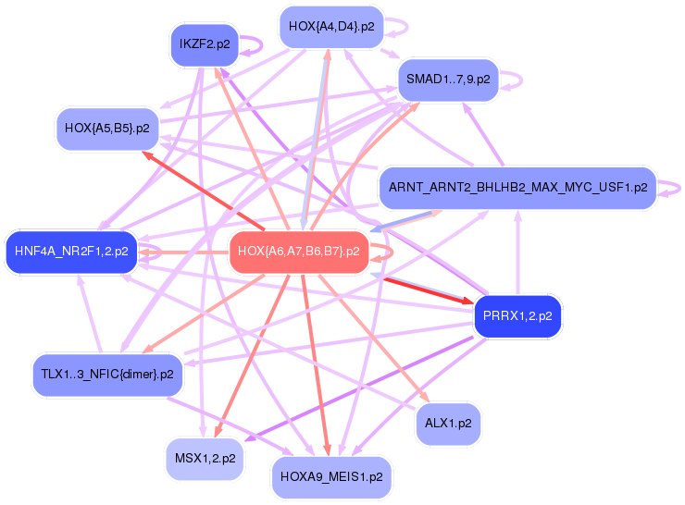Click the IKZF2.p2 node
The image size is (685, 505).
[x=205, y=43]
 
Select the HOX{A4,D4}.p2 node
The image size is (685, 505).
[x=331, y=27]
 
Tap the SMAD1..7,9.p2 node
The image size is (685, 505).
[x=448, y=79]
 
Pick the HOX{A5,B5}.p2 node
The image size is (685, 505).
[x=107, y=128]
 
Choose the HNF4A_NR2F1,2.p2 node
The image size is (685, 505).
[x=71, y=251]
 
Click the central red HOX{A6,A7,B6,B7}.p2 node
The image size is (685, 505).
[x=298, y=251]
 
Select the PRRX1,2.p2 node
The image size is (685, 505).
[x=517, y=316]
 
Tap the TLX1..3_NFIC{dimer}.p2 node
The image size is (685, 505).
[x=107, y=374]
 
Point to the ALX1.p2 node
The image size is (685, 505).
[x=448, y=423]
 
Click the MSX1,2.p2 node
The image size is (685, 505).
[x=205, y=458]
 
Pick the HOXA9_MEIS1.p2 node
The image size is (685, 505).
[x=331, y=477]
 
